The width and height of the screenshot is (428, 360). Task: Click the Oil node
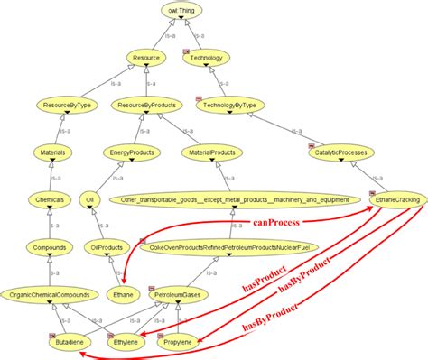click(88, 199)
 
